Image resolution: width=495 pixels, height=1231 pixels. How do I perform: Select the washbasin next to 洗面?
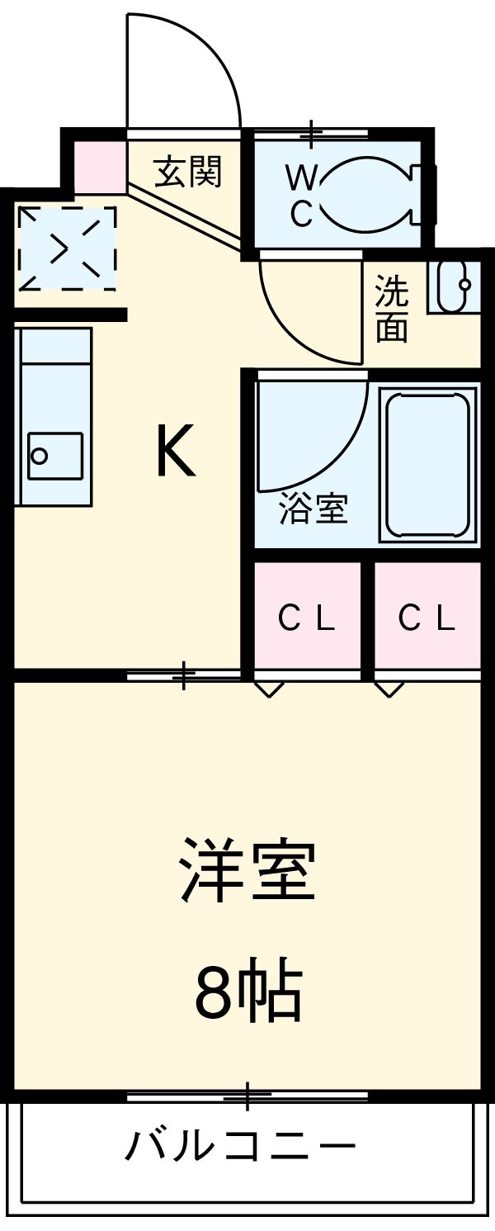click(x=452, y=286)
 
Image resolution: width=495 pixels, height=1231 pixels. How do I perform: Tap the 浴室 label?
click(x=313, y=509)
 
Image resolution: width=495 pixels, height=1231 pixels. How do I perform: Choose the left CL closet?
click(x=307, y=618)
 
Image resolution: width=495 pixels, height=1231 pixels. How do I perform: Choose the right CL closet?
click(x=427, y=618)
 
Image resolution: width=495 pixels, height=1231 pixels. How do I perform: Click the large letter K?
click(x=176, y=451)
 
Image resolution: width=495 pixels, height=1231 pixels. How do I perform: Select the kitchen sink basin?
click(x=54, y=455)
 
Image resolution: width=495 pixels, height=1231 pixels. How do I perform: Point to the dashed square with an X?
click(x=67, y=248)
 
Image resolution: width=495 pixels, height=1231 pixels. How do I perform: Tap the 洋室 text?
click(x=247, y=869)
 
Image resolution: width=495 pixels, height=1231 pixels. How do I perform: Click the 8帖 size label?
click(x=247, y=992)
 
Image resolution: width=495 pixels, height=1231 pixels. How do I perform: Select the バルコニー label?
click(x=241, y=1145)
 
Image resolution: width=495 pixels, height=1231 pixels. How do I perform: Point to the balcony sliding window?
click(x=247, y=1096)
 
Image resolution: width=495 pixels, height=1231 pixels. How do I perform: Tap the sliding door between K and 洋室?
click(x=184, y=676)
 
